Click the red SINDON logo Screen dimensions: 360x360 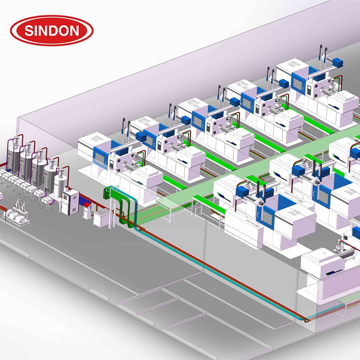click(x=52, y=31)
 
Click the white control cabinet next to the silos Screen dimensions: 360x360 click(x=72, y=202)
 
